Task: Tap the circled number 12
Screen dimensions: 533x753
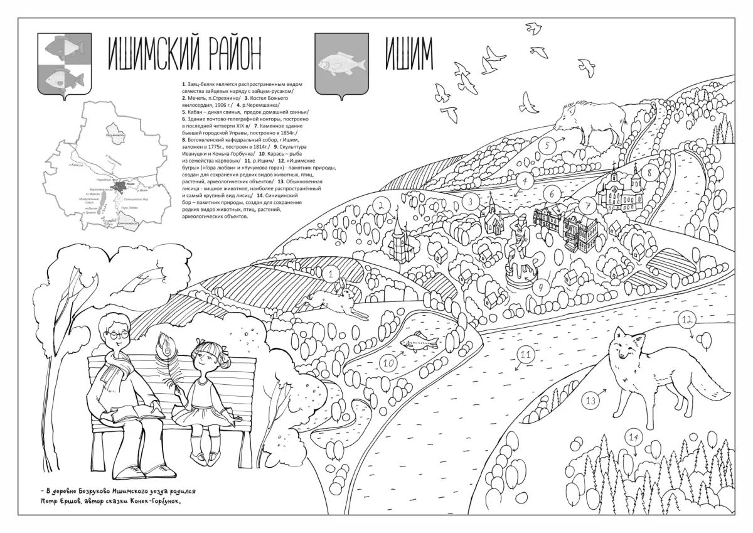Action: [686, 320]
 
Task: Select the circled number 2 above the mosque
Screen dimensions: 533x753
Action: [380, 205]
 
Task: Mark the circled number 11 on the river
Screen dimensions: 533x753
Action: [525, 355]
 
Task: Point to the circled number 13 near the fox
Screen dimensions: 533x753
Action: [590, 399]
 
